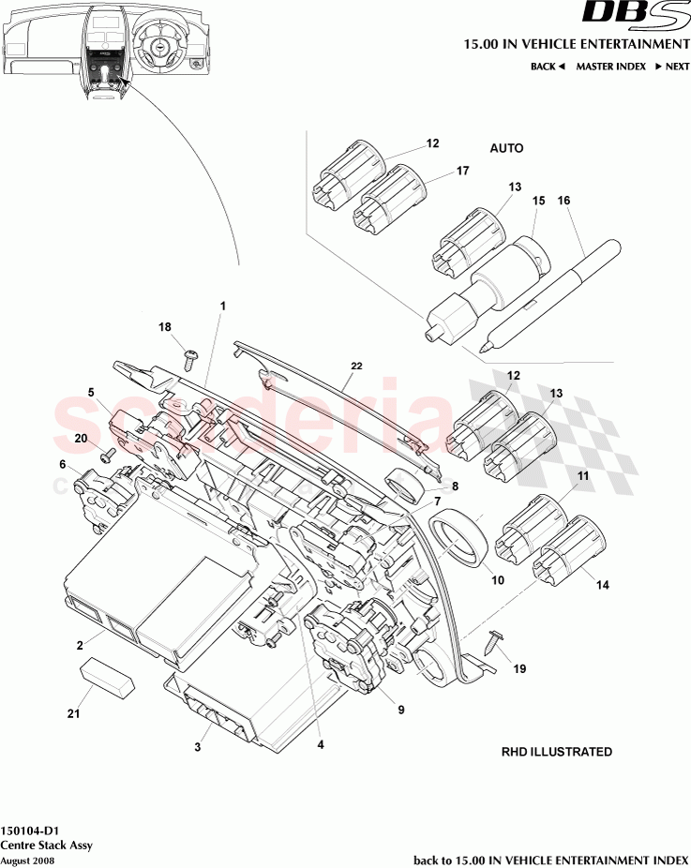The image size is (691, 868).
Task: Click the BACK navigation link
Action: (547, 67)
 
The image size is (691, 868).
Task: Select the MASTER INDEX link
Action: (608, 67)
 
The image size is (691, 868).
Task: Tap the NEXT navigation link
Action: (672, 67)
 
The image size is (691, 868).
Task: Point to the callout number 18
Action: (165, 327)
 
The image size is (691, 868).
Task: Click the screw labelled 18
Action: (189, 355)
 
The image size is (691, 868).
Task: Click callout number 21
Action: (73, 714)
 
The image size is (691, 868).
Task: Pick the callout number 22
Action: (355, 366)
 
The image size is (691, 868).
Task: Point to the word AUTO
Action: (506, 148)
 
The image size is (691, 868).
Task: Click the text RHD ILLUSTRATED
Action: (556, 752)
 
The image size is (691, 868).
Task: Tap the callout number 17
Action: (462, 172)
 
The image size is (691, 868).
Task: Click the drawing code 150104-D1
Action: (32, 831)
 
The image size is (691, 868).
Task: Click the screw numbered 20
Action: (105, 455)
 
